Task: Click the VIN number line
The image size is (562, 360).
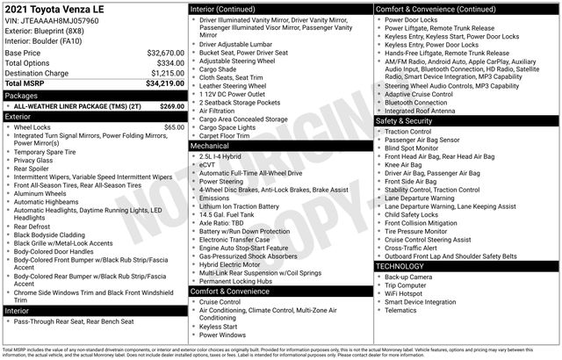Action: click(x=51, y=19)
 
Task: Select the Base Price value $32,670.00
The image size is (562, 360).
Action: click(x=165, y=53)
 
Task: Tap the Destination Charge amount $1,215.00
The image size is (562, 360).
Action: click(x=165, y=73)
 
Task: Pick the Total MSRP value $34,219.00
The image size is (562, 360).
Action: click(x=165, y=83)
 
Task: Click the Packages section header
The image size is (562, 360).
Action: click(x=22, y=95)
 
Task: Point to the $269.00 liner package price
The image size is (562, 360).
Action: click(x=171, y=105)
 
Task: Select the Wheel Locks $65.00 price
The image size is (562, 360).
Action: click(x=174, y=127)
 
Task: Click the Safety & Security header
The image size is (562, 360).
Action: click(x=407, y=120)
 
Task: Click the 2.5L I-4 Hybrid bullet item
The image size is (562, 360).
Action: click(x=226, y=155)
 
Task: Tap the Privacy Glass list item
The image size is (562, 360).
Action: click(x=33, y=161)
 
